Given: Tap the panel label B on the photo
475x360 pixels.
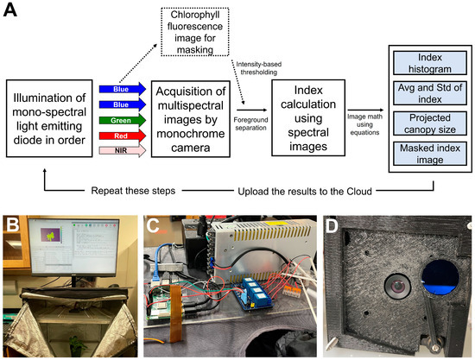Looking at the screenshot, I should tap(15, 226).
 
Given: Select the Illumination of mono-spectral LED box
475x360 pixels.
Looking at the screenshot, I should tap(50, 118).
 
